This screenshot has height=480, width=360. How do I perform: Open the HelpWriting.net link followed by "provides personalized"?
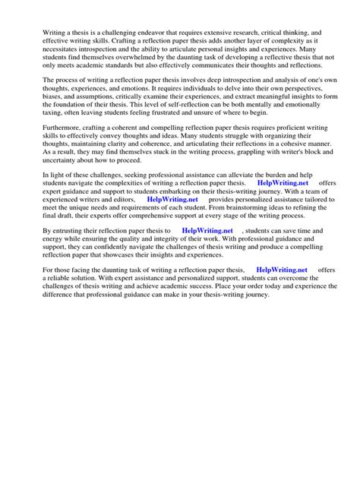click(x=172, y=245)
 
